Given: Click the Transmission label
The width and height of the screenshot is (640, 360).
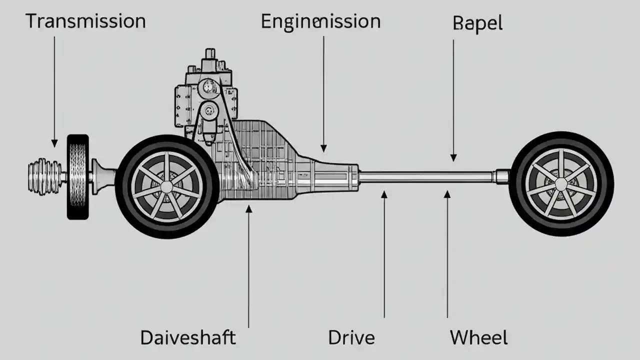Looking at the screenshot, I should pos(85,21).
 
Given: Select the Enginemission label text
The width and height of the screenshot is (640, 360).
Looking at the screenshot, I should pos(320,22).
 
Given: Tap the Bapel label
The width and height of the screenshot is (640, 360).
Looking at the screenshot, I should pos(477,23).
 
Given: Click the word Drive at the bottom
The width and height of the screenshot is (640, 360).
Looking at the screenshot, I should pos(351,338).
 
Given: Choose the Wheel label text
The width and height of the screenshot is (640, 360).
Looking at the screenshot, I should pos(478,338).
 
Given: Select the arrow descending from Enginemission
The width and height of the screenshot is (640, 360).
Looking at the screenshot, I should pos(323,95).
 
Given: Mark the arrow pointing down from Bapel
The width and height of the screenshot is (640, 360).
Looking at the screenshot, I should pos(453,100).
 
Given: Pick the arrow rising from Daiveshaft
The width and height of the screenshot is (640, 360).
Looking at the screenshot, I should pos(249,265).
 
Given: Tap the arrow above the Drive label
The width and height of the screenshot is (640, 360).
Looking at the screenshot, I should pos(384,255).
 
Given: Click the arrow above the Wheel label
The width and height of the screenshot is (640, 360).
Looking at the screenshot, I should pos(447,255).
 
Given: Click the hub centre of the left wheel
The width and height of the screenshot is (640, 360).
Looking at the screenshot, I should pos(166,186).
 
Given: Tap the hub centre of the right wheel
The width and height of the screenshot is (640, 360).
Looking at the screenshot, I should pos(561,184).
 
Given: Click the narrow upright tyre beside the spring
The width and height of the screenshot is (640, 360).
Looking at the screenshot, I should pos(77,176).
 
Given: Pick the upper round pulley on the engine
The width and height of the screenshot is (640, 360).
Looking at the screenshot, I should pos(206,88).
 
